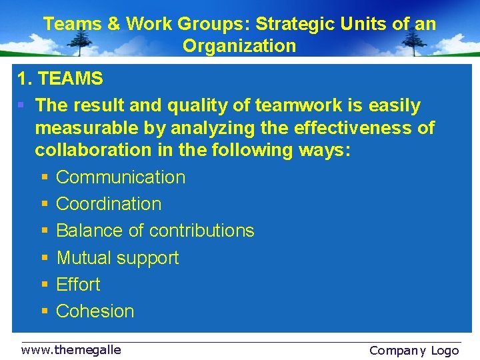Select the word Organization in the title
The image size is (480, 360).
coord(239,46)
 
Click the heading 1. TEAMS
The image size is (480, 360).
coord(60,79)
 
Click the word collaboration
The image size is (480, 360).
coord(93,150)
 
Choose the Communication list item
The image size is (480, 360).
coord(121,177)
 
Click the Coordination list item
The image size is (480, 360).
coord(109,204)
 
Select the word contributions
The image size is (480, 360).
coord(201,231)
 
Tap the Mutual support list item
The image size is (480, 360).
coord(117,257)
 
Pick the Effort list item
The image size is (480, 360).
coord(78,284)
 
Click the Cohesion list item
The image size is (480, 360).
coord(95,311)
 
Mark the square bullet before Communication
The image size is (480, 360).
coord(44,178)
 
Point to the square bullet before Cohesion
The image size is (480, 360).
coord(44,311)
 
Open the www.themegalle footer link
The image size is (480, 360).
coord(71,349)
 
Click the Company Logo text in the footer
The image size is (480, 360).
coord(413,350)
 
